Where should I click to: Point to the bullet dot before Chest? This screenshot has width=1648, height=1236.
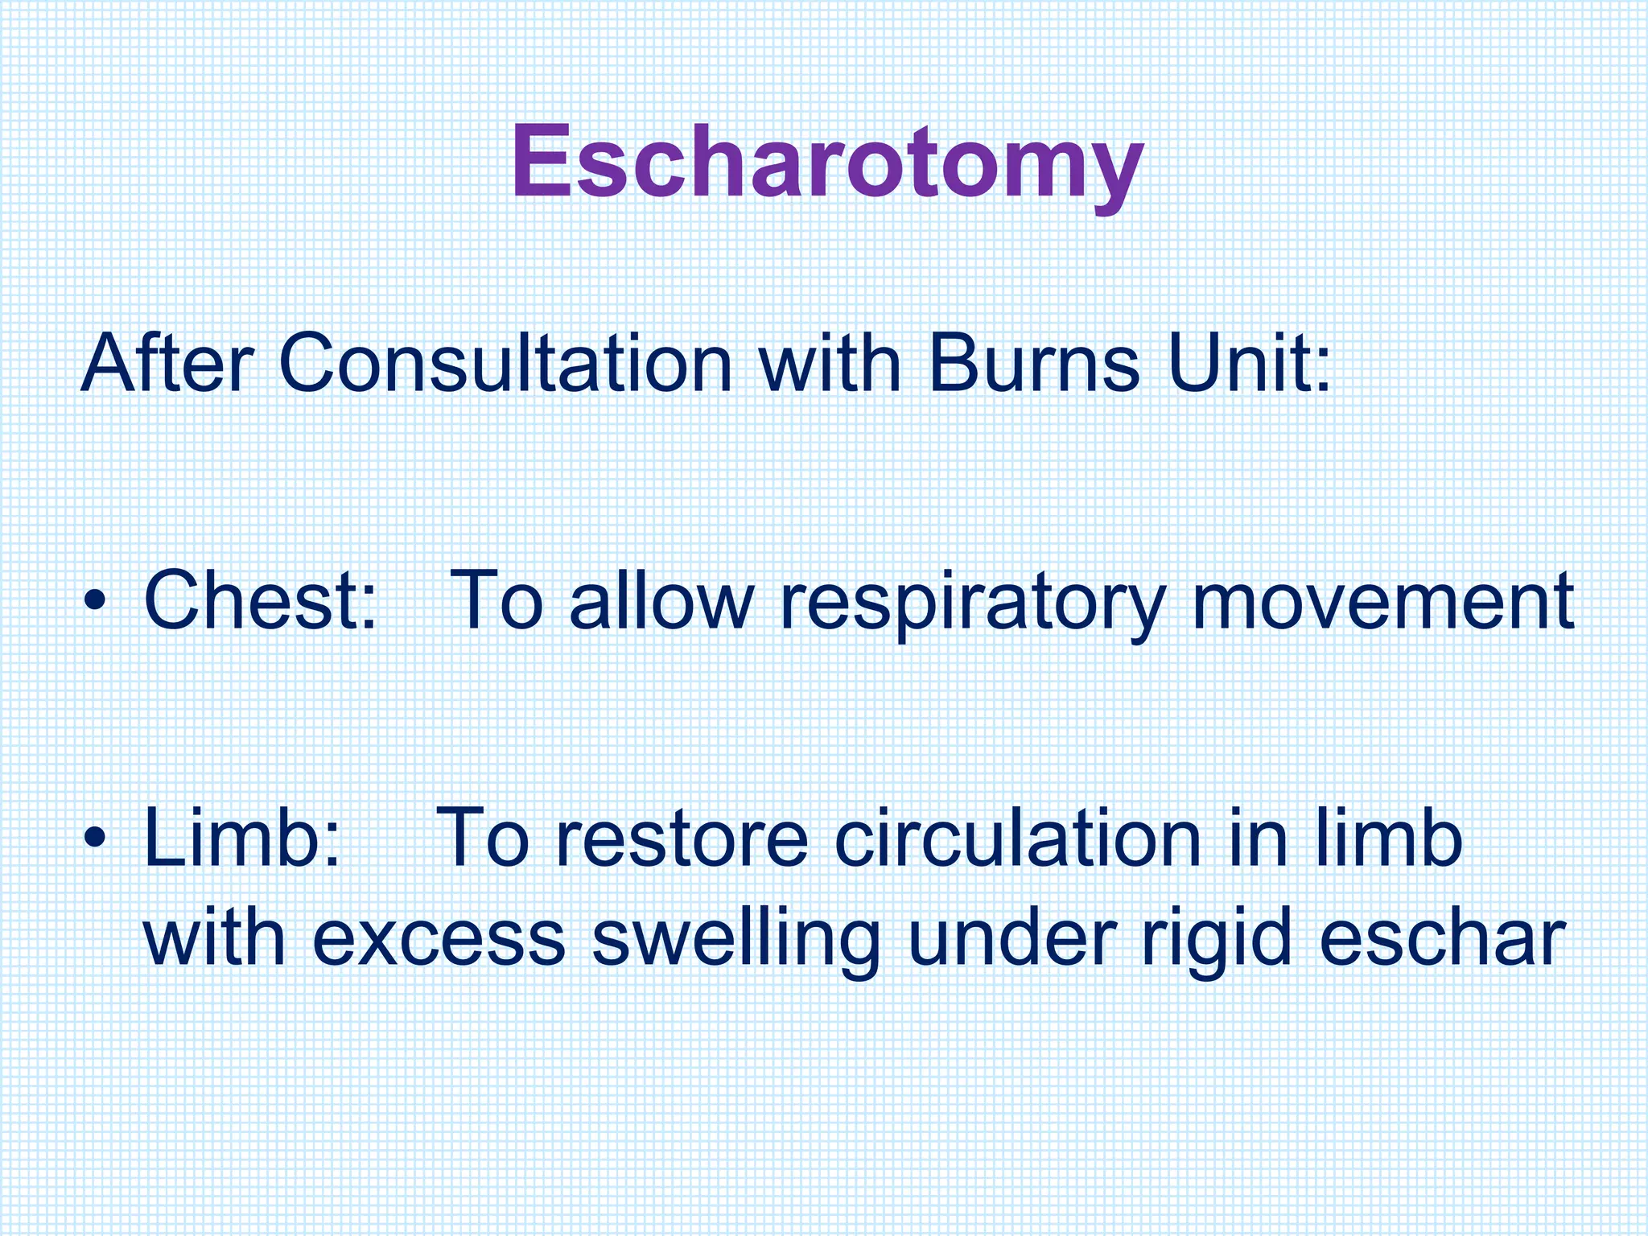click(96, 602)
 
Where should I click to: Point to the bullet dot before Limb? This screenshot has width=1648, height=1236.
click(96, 838)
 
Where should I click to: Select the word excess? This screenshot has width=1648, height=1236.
click(439, 939)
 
